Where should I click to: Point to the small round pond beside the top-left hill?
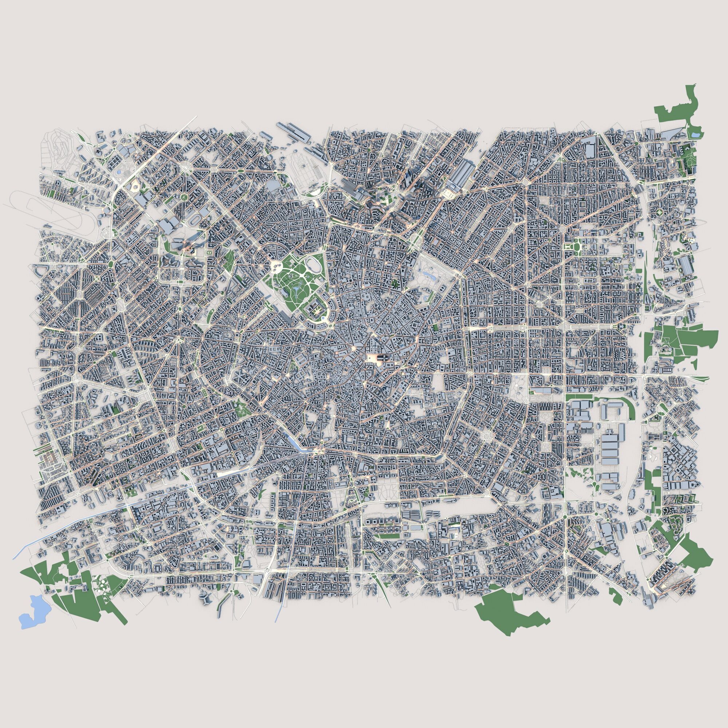(119, 173)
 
